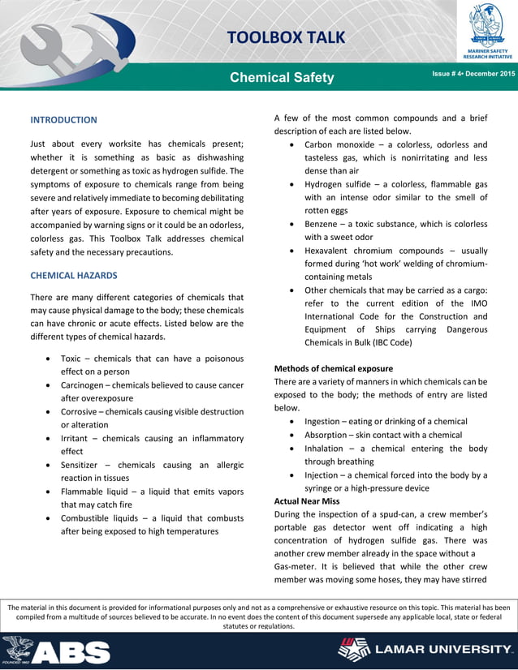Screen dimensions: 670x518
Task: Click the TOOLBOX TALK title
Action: point(285,37)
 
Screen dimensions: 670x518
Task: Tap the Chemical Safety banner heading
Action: point(282,78)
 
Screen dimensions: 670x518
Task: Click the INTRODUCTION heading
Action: point(63,120)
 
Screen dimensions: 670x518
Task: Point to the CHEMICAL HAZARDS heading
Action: point(74,276)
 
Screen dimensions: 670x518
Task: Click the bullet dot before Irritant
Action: point(52,438)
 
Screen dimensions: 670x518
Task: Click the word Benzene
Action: point(323,224)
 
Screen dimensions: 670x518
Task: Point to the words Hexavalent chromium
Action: point(353,251)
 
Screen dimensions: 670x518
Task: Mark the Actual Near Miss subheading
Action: point(308,501)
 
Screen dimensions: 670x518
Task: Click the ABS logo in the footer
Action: point(57,651)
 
